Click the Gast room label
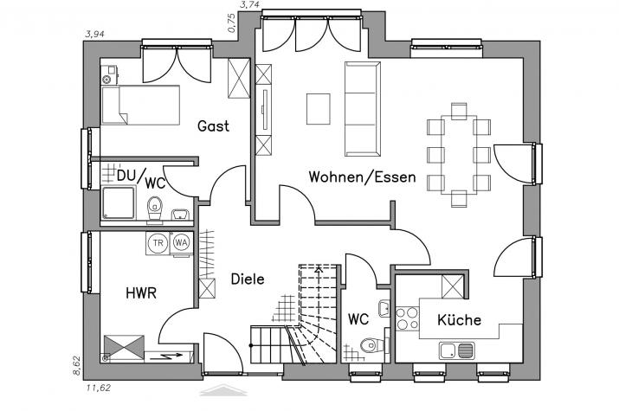(213, 126)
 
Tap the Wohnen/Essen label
(362, 177)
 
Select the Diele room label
(248, 279)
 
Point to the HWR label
(141, 293)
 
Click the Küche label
(459, 319)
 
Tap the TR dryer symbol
(158, 243)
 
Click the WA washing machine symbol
(181, 243)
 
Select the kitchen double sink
(457, 350)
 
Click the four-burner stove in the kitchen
(407, 318)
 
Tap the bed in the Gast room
(140, 105)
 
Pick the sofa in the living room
(363, 109)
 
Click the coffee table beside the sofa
(319, 109)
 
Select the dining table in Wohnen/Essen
(459, 155)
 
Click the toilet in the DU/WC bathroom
(155, 209)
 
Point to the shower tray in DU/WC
(119, 202)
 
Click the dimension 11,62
(99, 388)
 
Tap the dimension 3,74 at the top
(249, 4)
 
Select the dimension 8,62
(76, 366)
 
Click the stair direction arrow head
(318, 270)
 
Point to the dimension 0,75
(232, 22)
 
